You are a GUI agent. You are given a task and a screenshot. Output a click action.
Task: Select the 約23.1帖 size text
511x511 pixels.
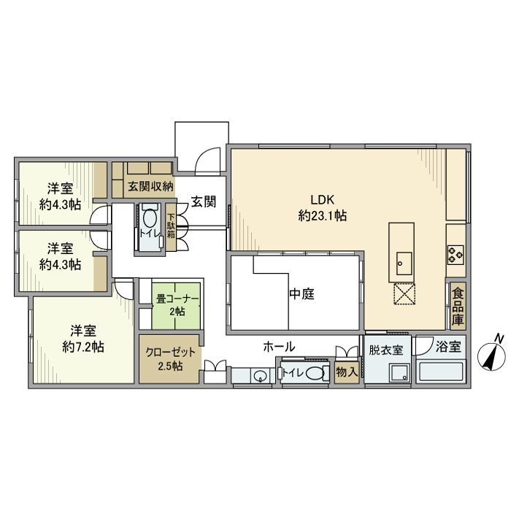(x=322, y=216)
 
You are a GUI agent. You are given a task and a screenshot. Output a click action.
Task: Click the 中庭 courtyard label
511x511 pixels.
(x=301, y=294)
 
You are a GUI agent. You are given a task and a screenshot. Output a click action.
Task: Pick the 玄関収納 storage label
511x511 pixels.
(x=150, y=186)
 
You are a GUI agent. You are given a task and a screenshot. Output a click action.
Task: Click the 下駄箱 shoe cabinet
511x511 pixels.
(x=171, y=225)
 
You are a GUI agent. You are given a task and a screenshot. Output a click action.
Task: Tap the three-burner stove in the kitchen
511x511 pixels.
(x=456, y=255)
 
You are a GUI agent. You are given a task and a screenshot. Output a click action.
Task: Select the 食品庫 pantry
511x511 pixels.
(x=457, y=306)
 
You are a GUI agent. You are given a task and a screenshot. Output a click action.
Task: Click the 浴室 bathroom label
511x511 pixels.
(x=448, y=347)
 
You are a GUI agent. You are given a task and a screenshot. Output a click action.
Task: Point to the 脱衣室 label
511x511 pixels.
(x=385, y=350)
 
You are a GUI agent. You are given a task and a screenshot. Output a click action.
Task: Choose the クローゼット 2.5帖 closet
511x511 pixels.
(x=169, y=358)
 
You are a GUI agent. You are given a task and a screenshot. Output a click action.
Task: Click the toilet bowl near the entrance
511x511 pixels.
(x=150, y=218)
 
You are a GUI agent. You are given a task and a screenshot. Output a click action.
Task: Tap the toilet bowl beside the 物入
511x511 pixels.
(x=315, y=374)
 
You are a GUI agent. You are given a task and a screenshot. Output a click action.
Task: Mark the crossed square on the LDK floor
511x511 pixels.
(x=404, y=293)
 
